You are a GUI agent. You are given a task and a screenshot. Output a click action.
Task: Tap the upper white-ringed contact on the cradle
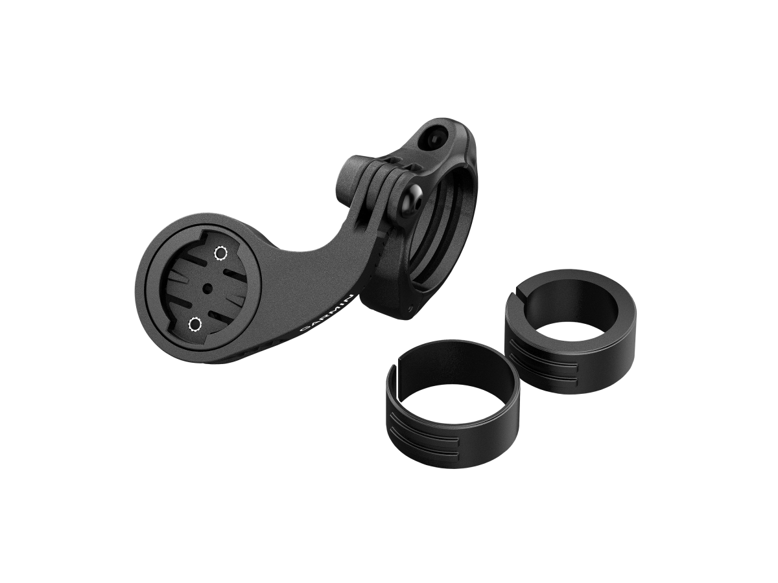[221, 253]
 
